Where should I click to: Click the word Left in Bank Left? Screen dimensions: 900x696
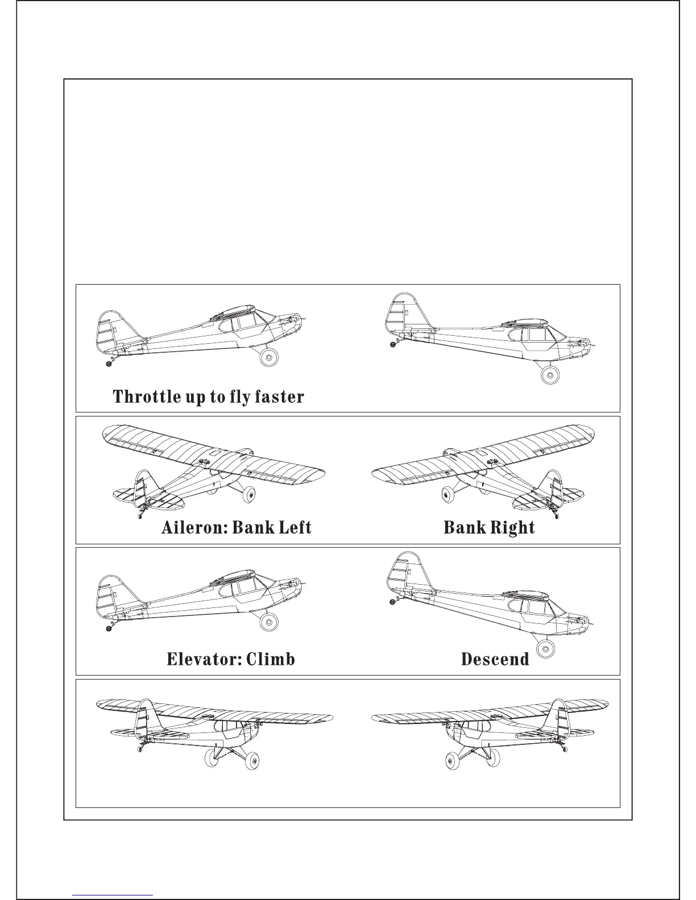(294, 528)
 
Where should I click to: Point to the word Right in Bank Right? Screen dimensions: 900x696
(515, 528)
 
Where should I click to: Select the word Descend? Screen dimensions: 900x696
(495, 660)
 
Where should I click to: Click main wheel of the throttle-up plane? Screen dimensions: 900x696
(269, 357)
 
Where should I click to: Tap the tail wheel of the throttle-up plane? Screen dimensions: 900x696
(109, 365)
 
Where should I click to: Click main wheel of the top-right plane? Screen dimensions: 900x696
(549, 374)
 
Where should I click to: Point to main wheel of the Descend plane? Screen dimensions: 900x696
(546, 648)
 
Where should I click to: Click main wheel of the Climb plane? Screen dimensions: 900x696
(269, 621)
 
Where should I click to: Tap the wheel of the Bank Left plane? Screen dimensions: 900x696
(248, 495)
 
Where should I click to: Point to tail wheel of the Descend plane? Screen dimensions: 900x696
(392, 602)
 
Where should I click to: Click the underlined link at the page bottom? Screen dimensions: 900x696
(113, 895)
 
